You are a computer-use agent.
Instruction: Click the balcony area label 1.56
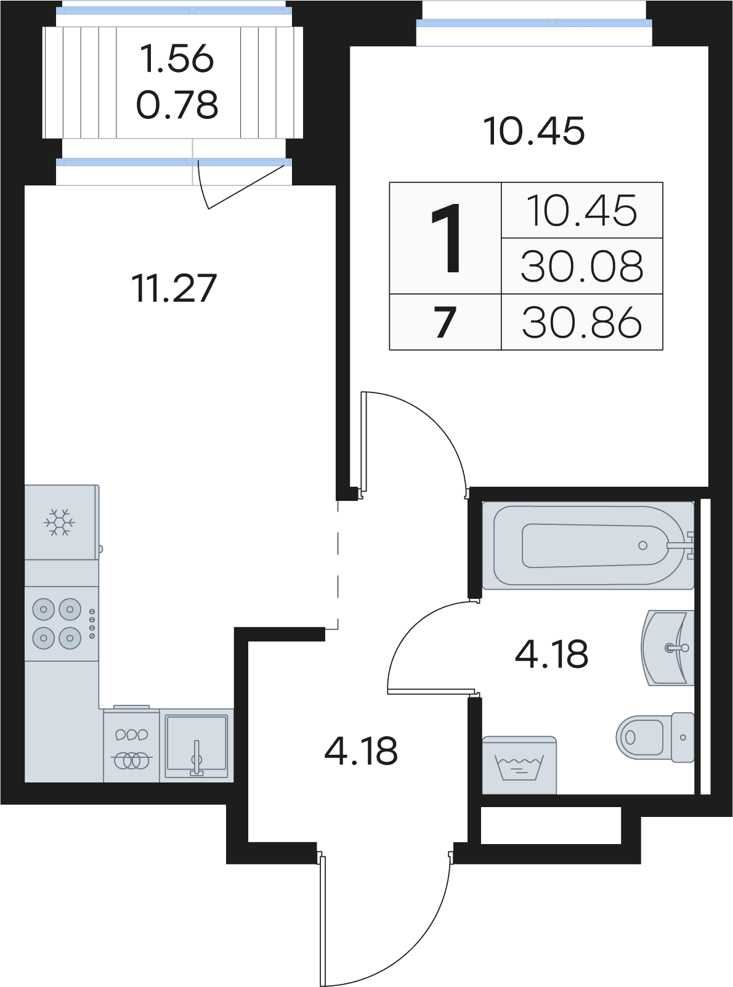click(x=177, y=59)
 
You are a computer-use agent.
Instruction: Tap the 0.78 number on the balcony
click(x=177, y=105)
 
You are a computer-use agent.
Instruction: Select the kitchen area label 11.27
click(x=174, y=289)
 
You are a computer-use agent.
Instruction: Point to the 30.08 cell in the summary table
click(x=581, y=266)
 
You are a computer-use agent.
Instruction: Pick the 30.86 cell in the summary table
click(x=581, y=322)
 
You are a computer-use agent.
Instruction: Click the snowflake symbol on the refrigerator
click(x=59, y=522)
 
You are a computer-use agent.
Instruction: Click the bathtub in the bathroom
click(x=588, y=546)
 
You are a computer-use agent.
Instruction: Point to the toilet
click(x=655, y=737)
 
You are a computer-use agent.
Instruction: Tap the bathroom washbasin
click(x=668, y=648)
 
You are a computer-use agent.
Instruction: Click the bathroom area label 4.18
click(x=551, y=654)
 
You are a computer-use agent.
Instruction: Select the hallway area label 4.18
click(x=360, y=751)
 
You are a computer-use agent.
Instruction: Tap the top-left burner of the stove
click(x=44, y=609)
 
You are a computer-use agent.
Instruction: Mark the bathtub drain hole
click(x=642, y=545)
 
